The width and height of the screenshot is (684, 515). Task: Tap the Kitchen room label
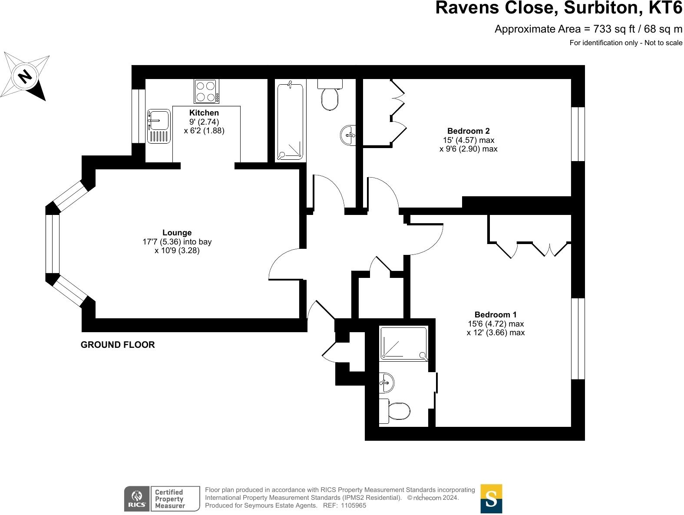point(204,113)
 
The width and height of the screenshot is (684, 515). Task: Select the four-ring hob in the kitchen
point(206,91)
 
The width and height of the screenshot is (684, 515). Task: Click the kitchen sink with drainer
point(159,126)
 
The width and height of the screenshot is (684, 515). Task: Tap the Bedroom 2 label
point(468,131)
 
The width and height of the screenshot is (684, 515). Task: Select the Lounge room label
point(177,233)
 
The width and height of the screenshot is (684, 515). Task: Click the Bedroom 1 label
point(495,314)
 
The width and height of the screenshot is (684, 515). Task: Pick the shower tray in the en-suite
point(403,343)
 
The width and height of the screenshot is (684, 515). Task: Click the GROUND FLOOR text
point(118,345)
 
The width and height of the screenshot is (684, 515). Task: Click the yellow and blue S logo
point(491,498)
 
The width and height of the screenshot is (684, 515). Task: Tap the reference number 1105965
point(354,505)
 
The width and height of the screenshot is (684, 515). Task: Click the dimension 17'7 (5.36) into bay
point(177,242)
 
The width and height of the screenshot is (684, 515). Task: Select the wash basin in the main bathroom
point(348,135)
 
